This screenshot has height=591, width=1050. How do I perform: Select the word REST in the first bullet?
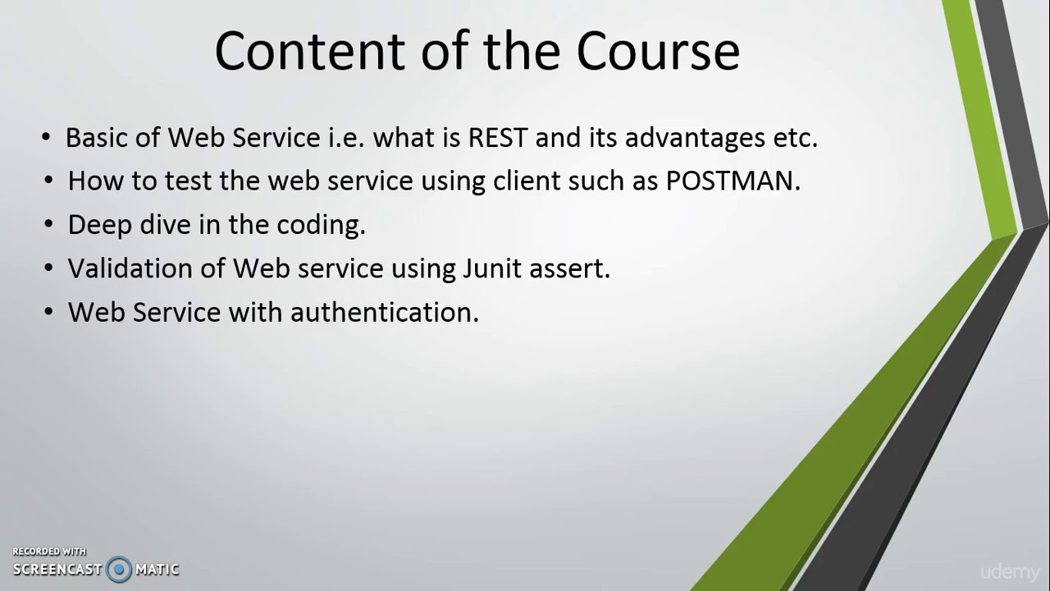pyautogui.click(x=497, y=138)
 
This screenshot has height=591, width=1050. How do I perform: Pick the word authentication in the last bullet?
pyautogui.click(x=384, y=312)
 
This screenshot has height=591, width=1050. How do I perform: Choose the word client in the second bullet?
pyautogui.click(x=520, y=181)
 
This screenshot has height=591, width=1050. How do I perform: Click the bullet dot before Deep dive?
pyautogui.click(x=50, y=224)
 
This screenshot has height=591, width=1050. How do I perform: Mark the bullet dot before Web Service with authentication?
pyautogui.click(x=50, y=312)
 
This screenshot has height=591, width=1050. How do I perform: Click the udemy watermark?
pyautogui.click(x=1009, y=572)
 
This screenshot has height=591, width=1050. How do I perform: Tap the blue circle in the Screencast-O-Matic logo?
pyautogui.click(x=119, y=569)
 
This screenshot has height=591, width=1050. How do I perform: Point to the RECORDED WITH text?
pyautogui.click(x=49, y=552)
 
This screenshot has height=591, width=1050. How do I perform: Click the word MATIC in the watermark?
pyautogui.click(x=157, y=569)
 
